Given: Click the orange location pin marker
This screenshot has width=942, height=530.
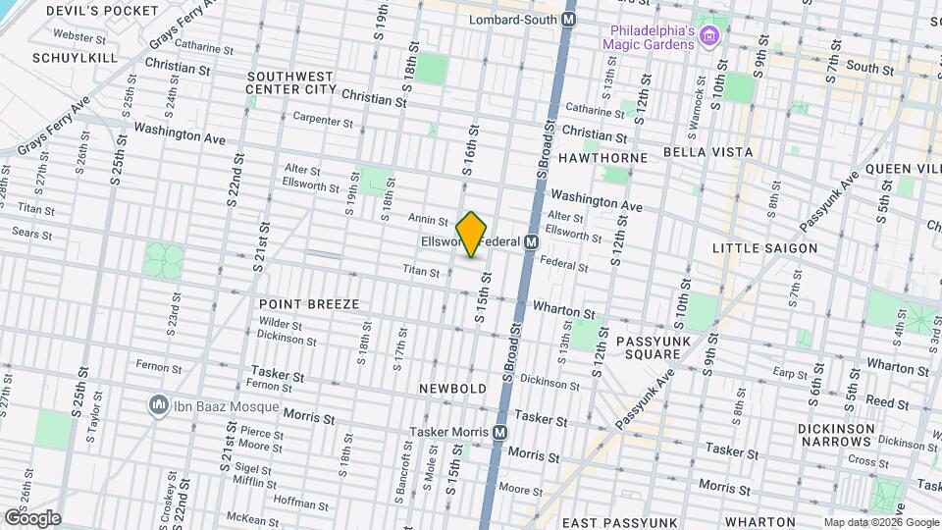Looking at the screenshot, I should click(x=472, y=235).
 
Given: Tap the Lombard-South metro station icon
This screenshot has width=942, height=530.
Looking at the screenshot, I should click(x=569, y=20).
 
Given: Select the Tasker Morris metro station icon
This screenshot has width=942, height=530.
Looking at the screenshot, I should click(x=500, y=433).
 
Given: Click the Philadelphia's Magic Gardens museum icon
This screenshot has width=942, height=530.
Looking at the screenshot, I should click(x=710, y=37).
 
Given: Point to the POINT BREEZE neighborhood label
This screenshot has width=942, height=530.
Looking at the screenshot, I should click(x=309, y=304).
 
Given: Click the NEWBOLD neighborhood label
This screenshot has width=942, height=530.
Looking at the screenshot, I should click(x=453, y=389).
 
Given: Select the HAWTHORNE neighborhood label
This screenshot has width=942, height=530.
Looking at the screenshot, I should click(x=602, y=157).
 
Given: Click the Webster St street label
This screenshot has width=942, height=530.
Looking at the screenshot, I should click(x=80, y=37).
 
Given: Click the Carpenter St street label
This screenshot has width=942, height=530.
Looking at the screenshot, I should click(x=323, y=121).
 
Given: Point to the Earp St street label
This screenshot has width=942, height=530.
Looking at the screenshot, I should click(x=789, y=373).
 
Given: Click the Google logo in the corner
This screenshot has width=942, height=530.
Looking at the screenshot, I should click(x=32, y=517).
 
